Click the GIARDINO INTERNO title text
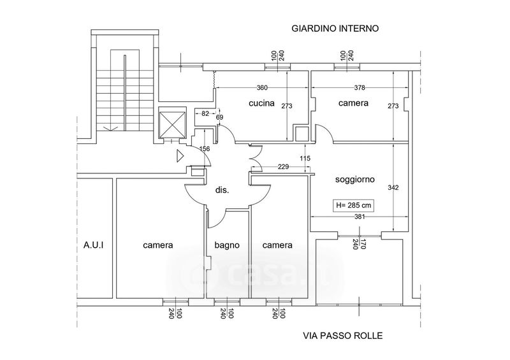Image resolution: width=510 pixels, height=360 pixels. (x=335, y=29)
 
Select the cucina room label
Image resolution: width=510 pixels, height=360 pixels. (x=261, y=103)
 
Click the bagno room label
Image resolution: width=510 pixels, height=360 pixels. (x=226, y=245)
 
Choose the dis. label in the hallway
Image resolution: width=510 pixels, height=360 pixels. (x=222, y=190)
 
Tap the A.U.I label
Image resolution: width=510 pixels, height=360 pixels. (x=93, y=245)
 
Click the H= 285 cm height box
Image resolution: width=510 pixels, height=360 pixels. (x=353, y=206)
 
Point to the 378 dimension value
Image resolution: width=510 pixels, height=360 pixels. (x=360, y=87)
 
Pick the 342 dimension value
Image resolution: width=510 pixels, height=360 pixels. (x=393, y=187)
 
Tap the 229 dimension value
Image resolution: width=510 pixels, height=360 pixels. (x=284, y=167)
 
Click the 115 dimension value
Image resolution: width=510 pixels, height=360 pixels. (x=304, y=158)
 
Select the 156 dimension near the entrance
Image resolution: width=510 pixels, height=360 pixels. (x=205, y=148)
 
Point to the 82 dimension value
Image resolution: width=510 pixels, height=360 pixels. (x=205, y=113)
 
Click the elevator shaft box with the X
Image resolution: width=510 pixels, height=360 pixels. (x=170, y=123)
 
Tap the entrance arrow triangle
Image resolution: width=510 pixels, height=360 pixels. (x=180, y=154)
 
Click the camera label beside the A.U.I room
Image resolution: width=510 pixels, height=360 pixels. (x=158, y=245)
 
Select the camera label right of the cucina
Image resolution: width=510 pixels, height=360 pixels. (x=353, y=103)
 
